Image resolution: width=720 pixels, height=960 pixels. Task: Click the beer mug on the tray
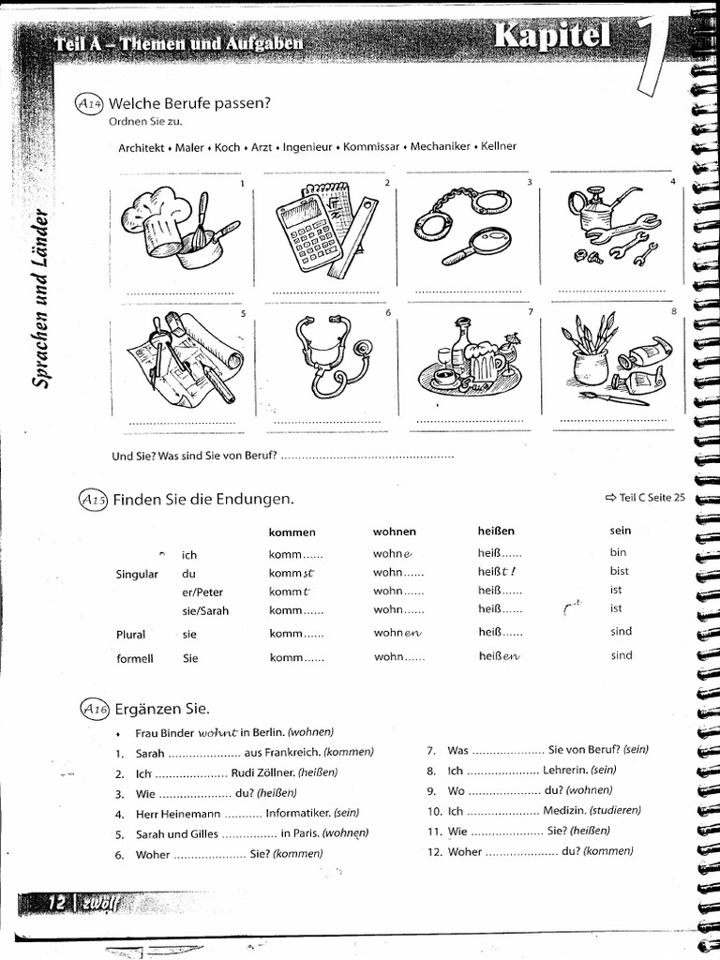click(x=483, y=361)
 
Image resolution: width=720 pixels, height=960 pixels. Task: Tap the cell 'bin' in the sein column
click(x=618, y=552)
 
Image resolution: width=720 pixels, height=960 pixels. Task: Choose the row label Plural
click(x=130, y=635)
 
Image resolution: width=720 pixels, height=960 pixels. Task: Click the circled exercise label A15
click(x=94, y=501)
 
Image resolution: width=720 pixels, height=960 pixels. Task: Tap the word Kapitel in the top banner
click(x=552, y=37)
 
